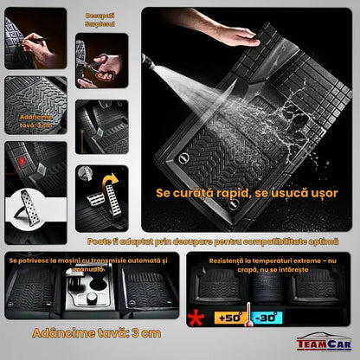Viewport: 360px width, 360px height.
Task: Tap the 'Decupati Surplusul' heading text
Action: click(99, 20)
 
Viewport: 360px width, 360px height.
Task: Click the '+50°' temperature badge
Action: click(229, 317)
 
